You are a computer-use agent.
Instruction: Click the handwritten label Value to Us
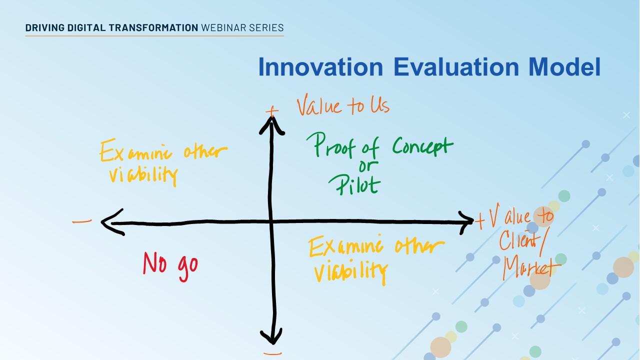pyautogui.click(x=343, y=106)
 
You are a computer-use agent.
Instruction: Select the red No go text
pyautogui.click(x=170, y=263)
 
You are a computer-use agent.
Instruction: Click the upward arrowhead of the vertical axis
pyautogui.click(x=271, y=122)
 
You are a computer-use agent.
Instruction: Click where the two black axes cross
pyautogui.click(x=272, y=221)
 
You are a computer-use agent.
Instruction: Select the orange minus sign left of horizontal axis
pyautogui.click(x=82, y=221)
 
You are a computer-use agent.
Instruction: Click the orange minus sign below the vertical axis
pyautogui.click(x=272, y=353)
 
